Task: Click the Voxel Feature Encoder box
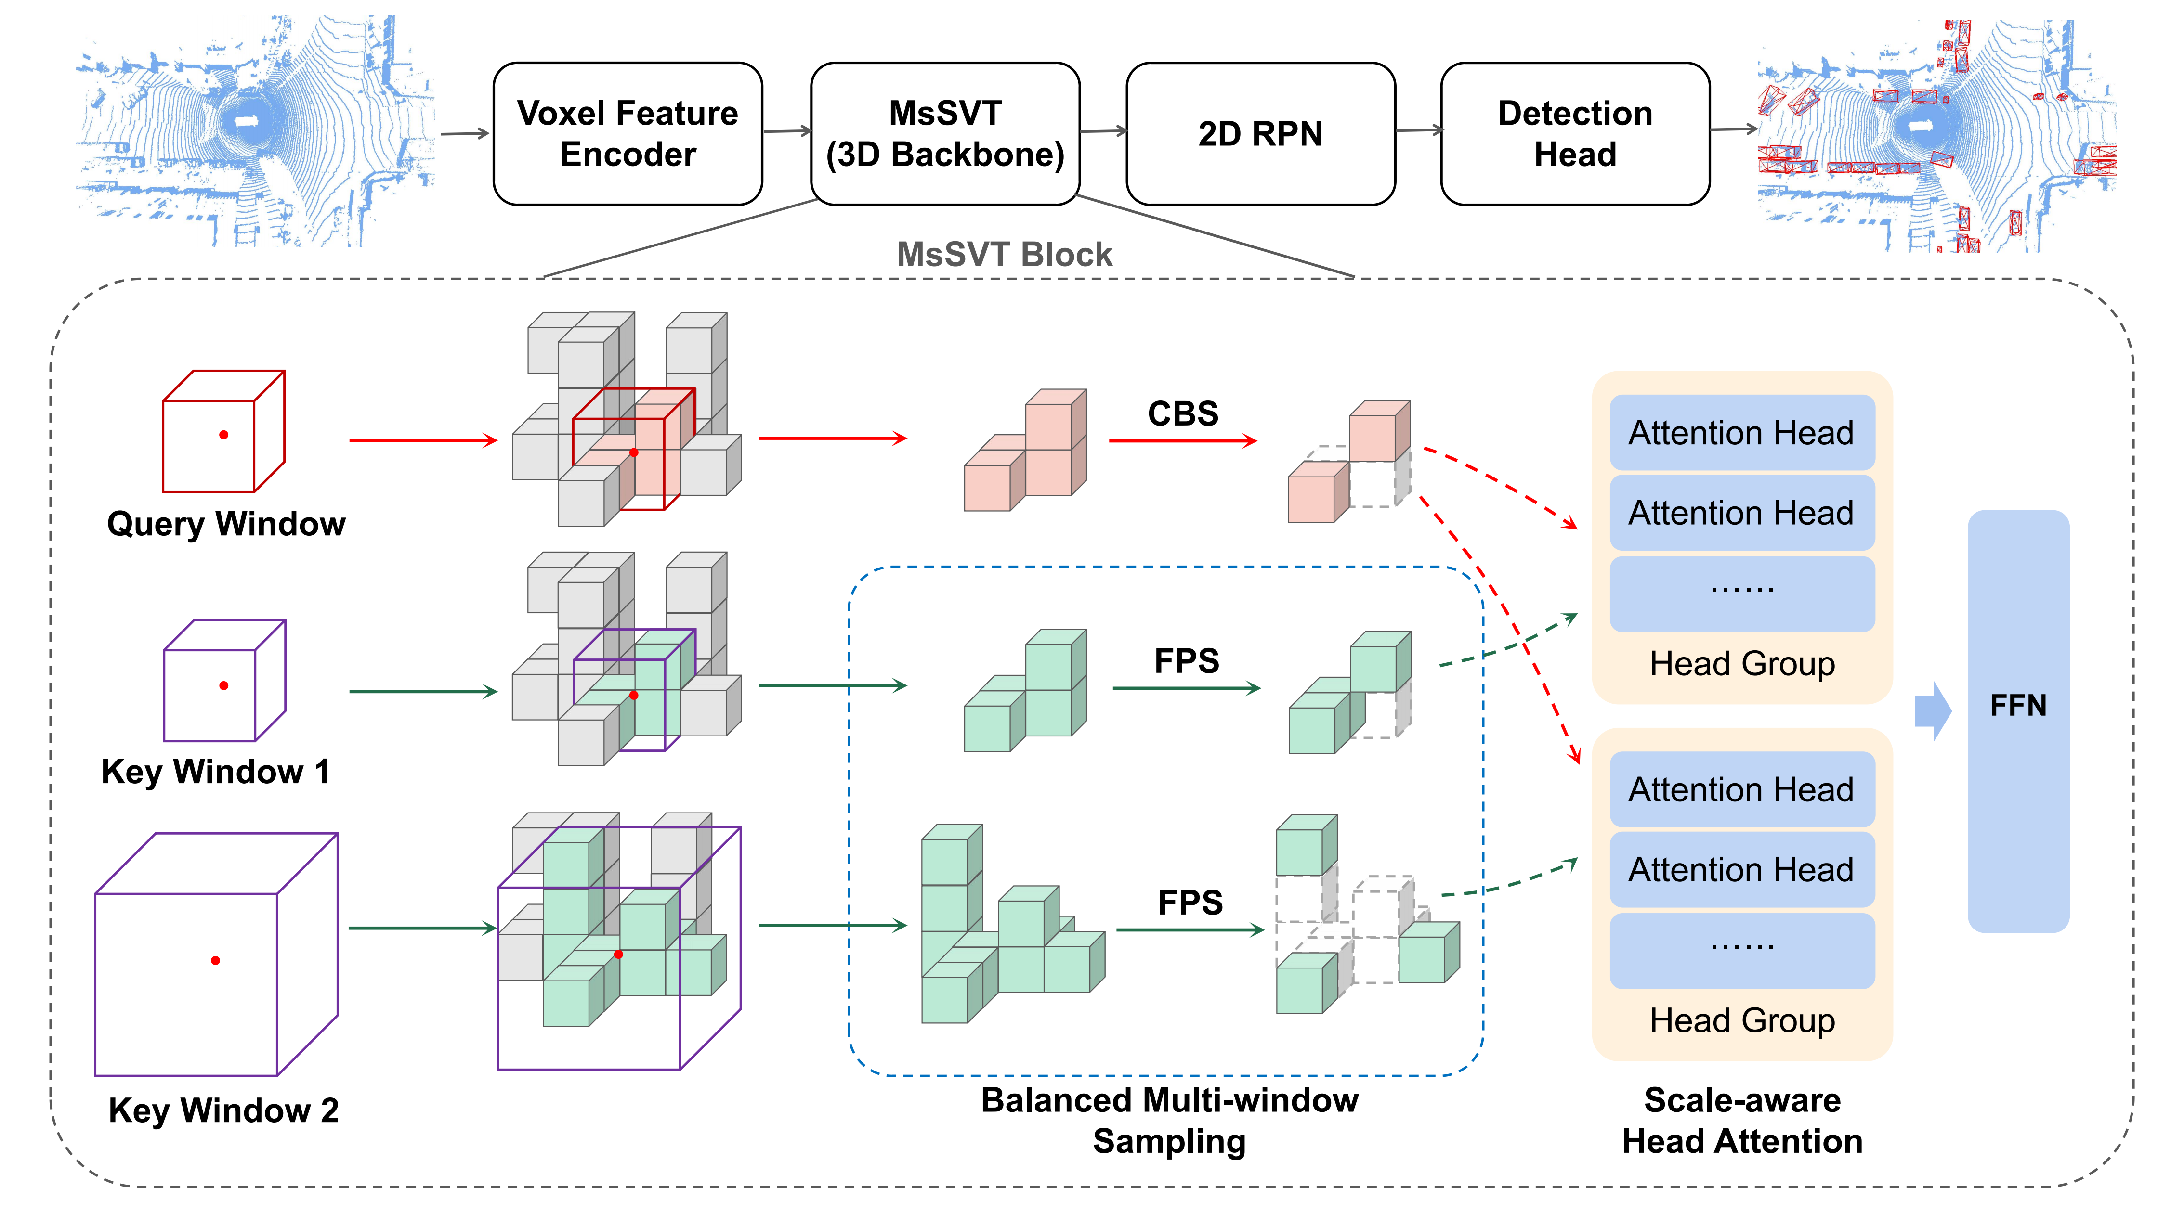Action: [x=628, y=134]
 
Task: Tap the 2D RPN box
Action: [x=1260, y=134]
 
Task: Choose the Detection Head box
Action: [x=1574, y=134]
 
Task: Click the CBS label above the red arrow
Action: [x=1183, y=413]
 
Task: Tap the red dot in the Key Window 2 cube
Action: [x=215, y=960]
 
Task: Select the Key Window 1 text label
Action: [x=215, y=772]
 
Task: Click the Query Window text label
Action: [x=226, y=524]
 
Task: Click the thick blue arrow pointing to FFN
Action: [x=1932, y=710]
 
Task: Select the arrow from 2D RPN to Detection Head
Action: [x=1418, y=130]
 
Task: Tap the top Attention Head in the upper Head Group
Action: [x=1741, y=432]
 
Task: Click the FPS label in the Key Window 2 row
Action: [x=1190, y=903]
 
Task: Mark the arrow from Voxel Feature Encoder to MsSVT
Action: [x=787, y=131]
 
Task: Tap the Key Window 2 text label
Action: [x=224, y=1110]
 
